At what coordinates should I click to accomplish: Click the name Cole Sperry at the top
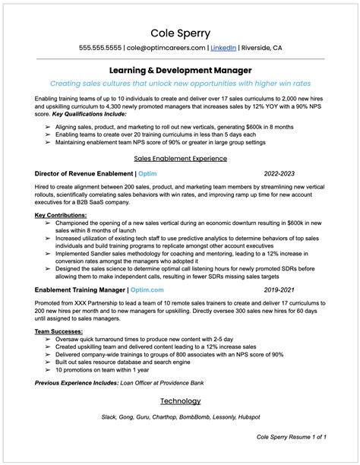[x=180, y=33]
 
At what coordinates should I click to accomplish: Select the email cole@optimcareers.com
[x=166, y=48]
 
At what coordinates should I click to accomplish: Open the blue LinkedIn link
[x=223, y=48]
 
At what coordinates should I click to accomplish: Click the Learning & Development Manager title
[x=180, y=69]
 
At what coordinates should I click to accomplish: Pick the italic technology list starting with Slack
[x=180, y=417]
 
